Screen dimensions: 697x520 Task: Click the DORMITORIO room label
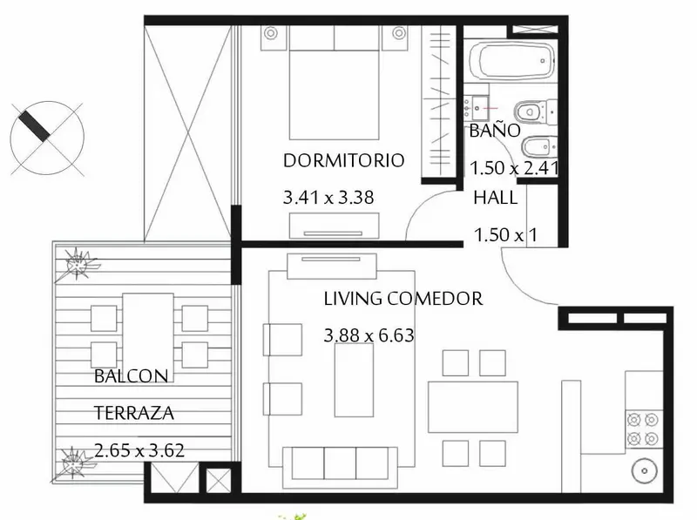343,160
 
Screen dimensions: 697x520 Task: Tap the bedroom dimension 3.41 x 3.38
328,198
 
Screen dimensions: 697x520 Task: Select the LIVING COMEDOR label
403,299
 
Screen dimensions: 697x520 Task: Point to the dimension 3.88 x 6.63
369,335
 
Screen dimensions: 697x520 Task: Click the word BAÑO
495,130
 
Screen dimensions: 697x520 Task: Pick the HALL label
495,198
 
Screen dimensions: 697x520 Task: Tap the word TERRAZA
134,413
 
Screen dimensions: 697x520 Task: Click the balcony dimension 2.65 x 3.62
139,450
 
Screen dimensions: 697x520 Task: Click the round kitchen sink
644,471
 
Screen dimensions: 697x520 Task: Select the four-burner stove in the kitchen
643,429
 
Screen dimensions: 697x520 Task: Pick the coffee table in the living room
354,381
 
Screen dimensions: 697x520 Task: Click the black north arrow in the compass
35,126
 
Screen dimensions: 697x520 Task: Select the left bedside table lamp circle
271,33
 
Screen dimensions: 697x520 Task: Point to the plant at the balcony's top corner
78,265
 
